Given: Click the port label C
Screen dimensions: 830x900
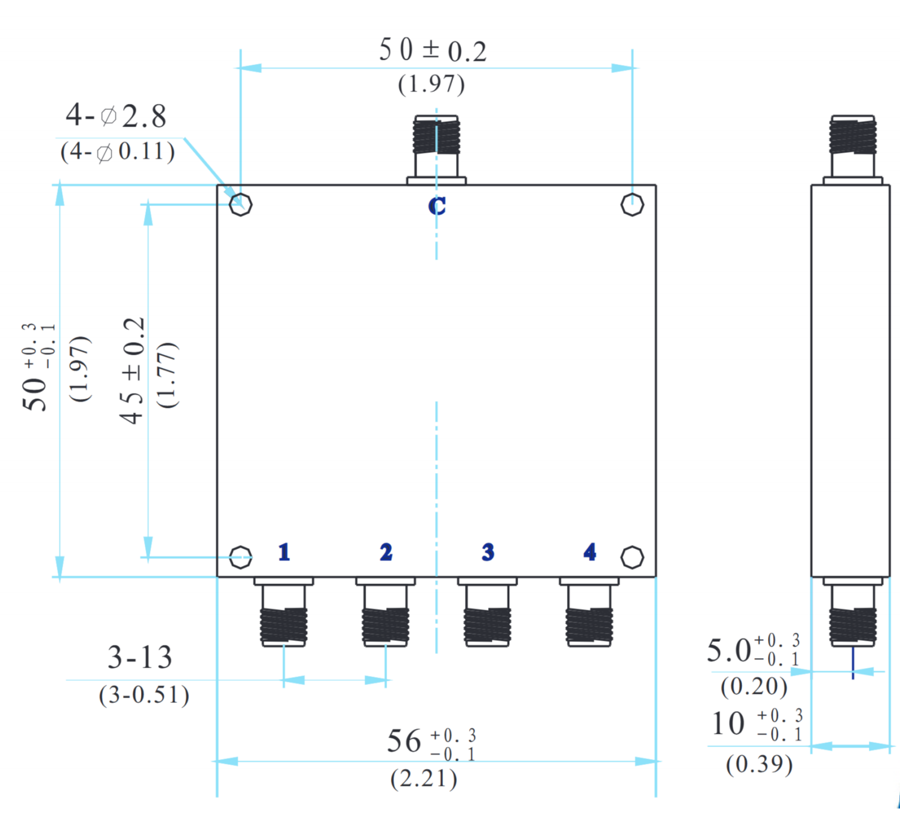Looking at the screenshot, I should coord(437,206).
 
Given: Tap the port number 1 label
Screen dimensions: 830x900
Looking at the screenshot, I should coord(284,552).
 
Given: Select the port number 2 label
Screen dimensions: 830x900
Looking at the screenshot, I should coord(386,552).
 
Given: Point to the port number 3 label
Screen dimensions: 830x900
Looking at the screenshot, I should coord(488,552).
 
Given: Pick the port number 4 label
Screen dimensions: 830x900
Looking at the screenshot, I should coord(590,552).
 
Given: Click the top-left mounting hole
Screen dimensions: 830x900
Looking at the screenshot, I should coord(241,205).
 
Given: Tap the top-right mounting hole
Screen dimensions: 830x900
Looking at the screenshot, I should coord(632,205).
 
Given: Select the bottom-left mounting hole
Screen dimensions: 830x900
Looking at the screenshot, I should coord(241,557).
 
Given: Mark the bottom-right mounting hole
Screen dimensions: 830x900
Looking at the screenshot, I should coord(632,557).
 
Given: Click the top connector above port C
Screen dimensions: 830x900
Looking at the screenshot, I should coord(436,146).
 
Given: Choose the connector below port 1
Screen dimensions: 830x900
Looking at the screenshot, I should coord(284,614).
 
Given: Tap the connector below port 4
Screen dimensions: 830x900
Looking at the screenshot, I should coord(589,614).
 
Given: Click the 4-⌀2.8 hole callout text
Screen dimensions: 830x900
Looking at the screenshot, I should coord(116,115).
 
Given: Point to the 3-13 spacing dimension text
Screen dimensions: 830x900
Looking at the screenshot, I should coord(140,657).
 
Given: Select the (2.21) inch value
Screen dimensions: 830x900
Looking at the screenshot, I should coord(424,779).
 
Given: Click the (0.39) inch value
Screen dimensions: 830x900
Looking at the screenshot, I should coord(759,764).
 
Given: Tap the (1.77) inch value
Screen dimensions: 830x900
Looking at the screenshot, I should coord(167,375).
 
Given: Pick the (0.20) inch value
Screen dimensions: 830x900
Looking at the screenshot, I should coord(754,686).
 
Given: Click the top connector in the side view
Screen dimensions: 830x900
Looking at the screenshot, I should coord(853,146).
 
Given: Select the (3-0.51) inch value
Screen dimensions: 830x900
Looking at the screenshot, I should coord(144,695).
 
